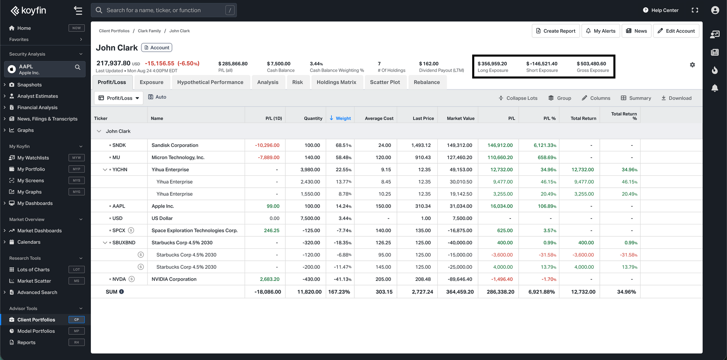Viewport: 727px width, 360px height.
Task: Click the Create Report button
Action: [555, 31]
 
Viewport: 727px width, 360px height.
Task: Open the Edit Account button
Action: [676, 31]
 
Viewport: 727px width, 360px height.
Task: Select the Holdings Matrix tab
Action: [336, 82]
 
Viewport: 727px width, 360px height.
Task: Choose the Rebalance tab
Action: [427, 82]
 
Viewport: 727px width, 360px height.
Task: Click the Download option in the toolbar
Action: [676, 98]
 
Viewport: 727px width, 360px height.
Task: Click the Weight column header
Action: [340, 118]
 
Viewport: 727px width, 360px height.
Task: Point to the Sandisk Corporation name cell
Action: [175, 145]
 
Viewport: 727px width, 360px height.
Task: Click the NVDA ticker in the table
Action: [119, 279]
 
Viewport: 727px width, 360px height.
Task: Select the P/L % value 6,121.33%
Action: [545, 145]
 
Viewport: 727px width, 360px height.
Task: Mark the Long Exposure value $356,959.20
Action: [492, 64]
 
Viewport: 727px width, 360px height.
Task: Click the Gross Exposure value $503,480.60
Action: [591, 64]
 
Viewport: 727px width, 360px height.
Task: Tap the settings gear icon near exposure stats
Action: [692, 65]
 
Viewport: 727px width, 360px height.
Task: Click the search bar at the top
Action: [164, 10]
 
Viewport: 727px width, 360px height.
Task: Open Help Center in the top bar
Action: [660, 10]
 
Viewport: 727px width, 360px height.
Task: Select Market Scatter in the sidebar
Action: [34, 281]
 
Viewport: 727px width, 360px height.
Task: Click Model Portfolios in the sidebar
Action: [36, 331]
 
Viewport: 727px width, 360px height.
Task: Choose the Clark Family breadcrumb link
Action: [149, 31]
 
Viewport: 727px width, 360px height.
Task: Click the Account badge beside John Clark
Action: [157, 48]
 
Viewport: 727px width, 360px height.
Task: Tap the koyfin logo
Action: [28, 11]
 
